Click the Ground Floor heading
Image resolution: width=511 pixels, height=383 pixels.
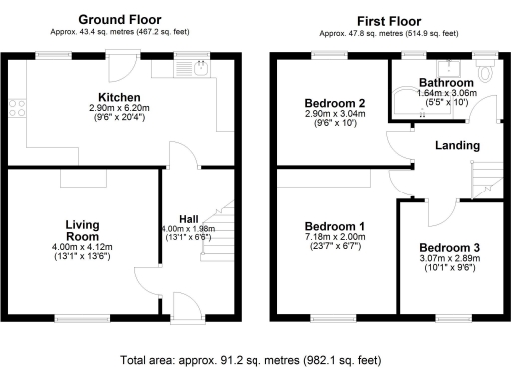120,20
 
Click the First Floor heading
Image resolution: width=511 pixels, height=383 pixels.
389,21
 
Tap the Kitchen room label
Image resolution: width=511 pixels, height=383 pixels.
119,97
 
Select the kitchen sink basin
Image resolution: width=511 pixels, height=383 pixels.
201,69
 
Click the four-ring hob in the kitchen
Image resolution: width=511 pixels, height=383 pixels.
17,108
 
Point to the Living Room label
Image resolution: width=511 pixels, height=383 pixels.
82,230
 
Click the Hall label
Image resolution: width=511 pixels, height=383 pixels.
189,219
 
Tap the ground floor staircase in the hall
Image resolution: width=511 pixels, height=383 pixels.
218,231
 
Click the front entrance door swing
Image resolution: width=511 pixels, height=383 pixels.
187,306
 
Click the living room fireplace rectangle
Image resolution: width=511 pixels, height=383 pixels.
83,178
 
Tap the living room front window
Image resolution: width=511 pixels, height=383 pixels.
82,318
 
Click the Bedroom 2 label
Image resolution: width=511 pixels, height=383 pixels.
335,103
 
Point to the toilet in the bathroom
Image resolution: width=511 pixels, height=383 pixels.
485,69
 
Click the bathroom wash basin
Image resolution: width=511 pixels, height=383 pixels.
449,68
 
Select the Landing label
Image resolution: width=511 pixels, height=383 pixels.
457,145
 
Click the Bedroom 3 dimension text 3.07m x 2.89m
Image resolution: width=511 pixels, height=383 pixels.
450,258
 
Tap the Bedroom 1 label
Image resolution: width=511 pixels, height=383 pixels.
335,226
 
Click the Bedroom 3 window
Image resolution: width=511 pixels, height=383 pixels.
454,318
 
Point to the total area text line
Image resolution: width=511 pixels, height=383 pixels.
251,360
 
